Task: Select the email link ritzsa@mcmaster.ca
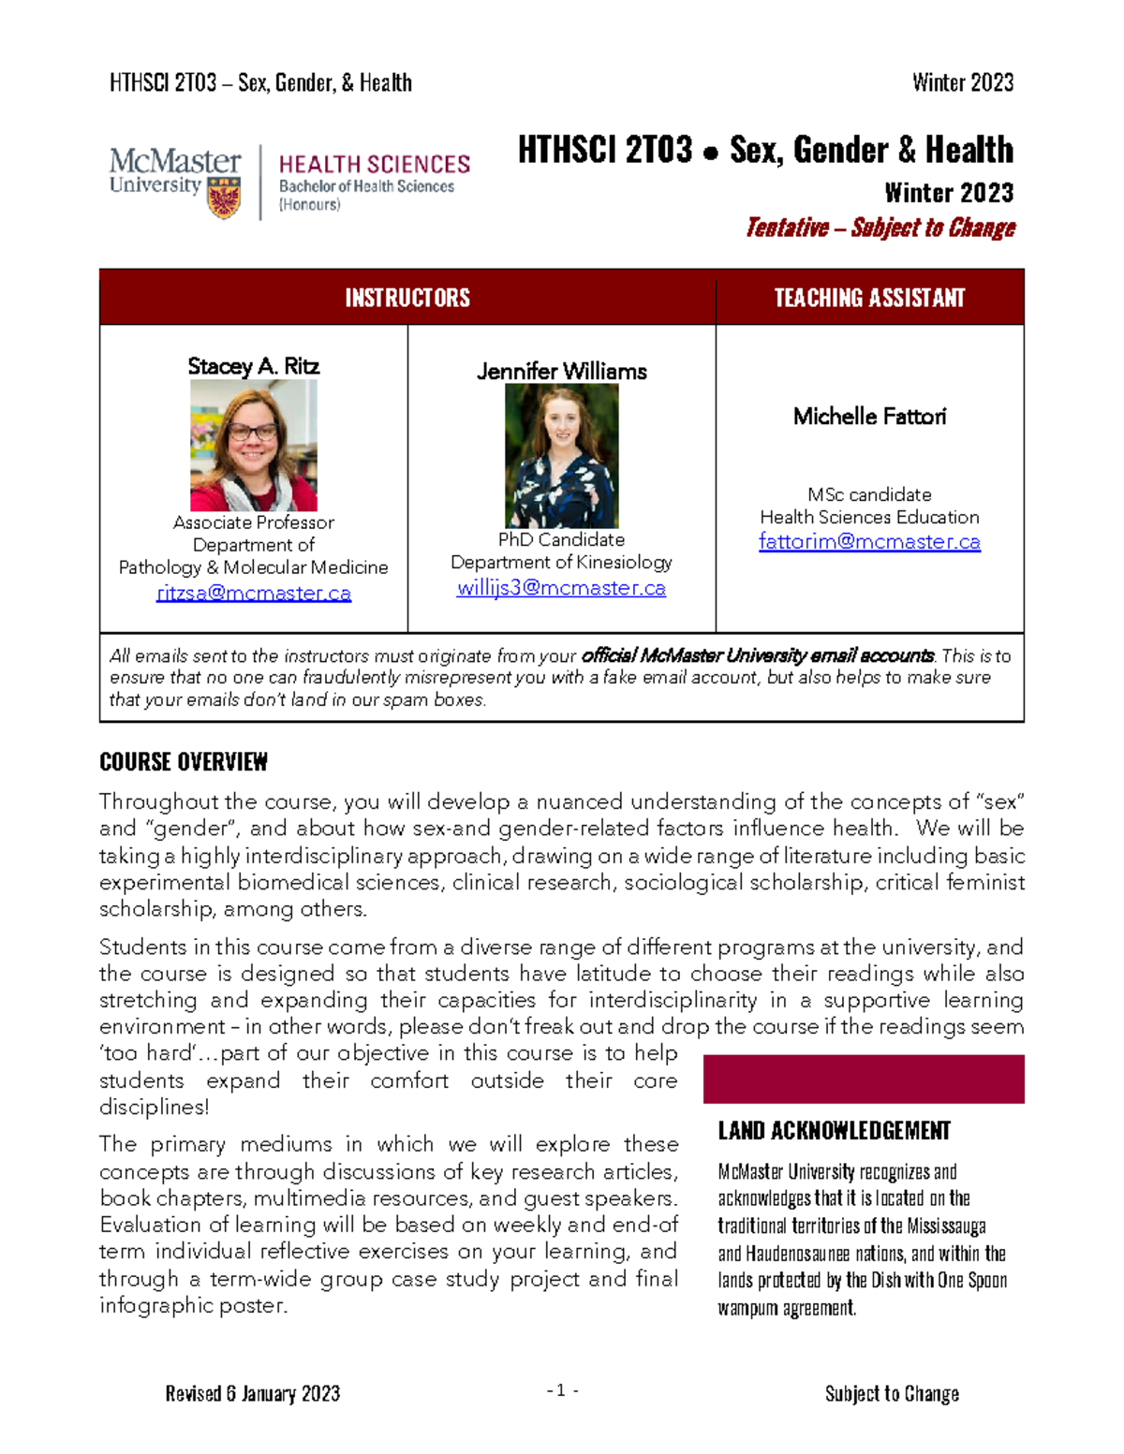[254, 593]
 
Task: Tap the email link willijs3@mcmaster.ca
[561, 588]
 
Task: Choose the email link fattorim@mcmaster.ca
[869, 541]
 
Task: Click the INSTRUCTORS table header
[407, 298]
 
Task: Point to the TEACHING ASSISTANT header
[869, 298]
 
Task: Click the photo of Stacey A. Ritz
[254, 446]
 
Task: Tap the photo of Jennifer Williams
[562, 456]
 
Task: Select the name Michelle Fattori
[869, 417]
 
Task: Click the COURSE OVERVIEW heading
[184, 762]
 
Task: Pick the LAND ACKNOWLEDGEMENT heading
[834, 1131]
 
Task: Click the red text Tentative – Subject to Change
[880, 228]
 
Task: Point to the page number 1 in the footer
[562, 1391]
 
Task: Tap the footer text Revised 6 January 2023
[253, 1394]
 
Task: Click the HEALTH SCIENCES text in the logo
[375, 165]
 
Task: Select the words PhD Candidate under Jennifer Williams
[561, 539]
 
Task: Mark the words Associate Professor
[254, 522]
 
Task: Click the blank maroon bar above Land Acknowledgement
[864, 1079]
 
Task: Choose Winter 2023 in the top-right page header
[963, 83]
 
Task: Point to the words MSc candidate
[869, 494]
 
